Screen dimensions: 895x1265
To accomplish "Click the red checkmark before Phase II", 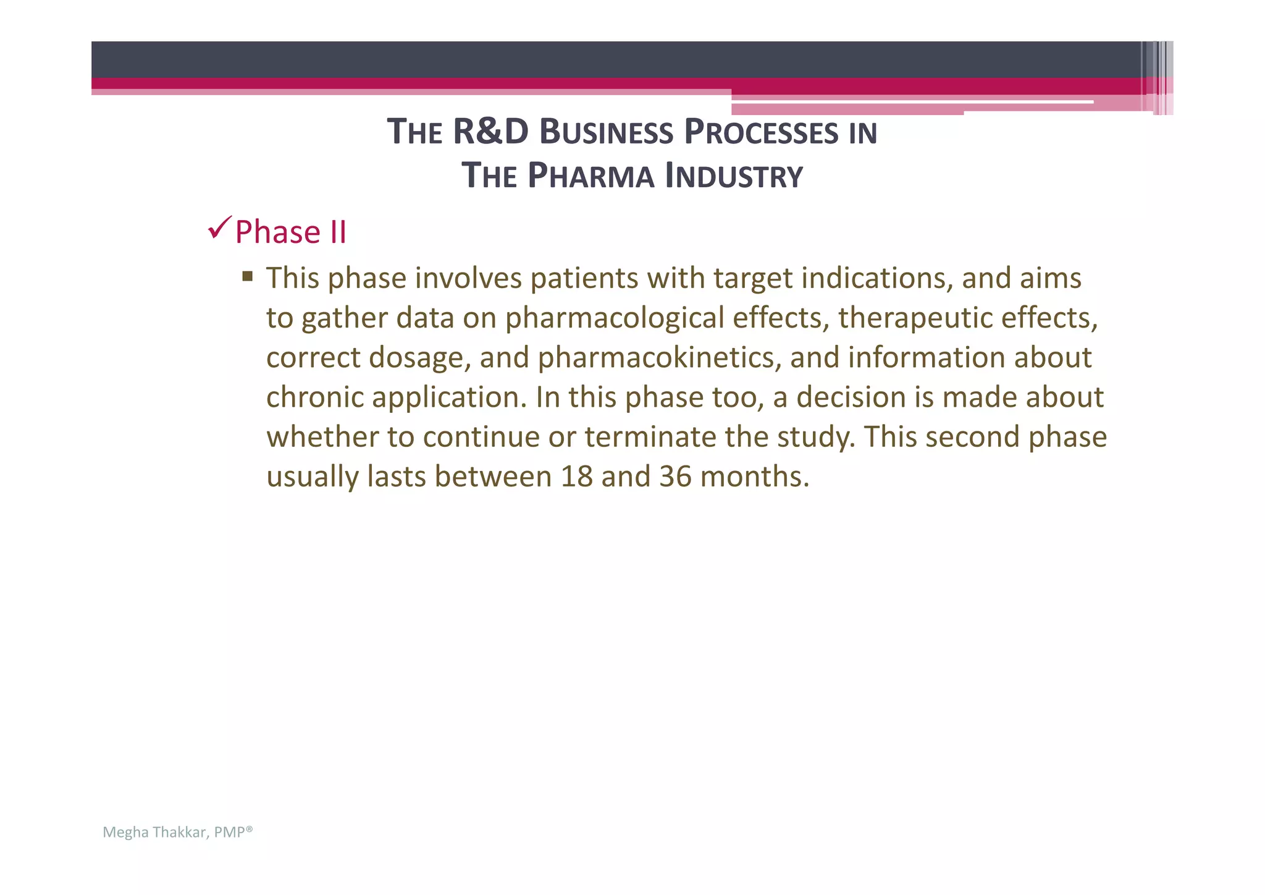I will (x=220, y=228).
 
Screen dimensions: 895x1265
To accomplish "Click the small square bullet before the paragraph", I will (x=248, y=276).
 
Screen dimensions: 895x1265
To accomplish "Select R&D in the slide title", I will (x=490, y=132).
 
